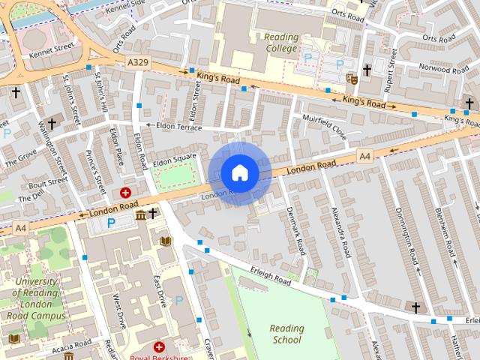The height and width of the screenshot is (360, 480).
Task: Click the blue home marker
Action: click(x=239, y=173)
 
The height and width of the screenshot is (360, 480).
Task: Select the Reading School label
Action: click(x=287, y=334)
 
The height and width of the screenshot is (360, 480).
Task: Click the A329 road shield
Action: click(x=138, y=62)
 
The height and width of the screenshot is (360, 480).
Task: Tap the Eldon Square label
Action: click(x=174, y=160)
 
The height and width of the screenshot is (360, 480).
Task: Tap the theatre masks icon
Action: click(x=351, y=78)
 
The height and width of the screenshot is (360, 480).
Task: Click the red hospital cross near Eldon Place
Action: click(x=125, y=193)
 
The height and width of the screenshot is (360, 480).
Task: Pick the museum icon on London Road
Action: click(x=141, y=216)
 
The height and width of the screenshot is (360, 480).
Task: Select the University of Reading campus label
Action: click(x=36, y=298)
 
